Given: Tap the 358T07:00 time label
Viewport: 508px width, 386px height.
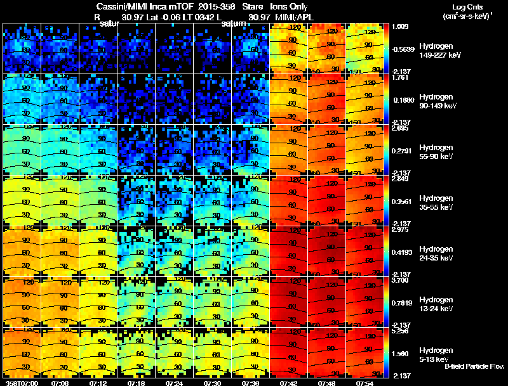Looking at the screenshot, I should pyautogui.click(x=20, y=383).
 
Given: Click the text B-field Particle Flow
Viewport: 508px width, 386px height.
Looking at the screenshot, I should pyautogui.click(x=474, y=366).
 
